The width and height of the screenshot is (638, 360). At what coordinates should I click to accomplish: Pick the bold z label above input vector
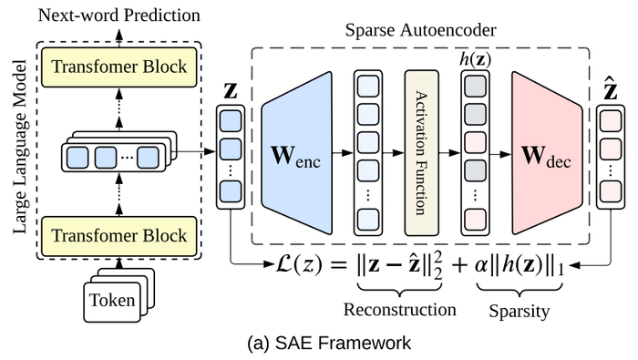point(231,93)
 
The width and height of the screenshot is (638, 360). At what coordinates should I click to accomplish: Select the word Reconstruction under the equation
point(399,309)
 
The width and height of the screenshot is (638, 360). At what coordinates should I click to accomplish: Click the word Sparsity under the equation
point(519,310)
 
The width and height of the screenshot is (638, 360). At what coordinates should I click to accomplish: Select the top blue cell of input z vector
point(232,120)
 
